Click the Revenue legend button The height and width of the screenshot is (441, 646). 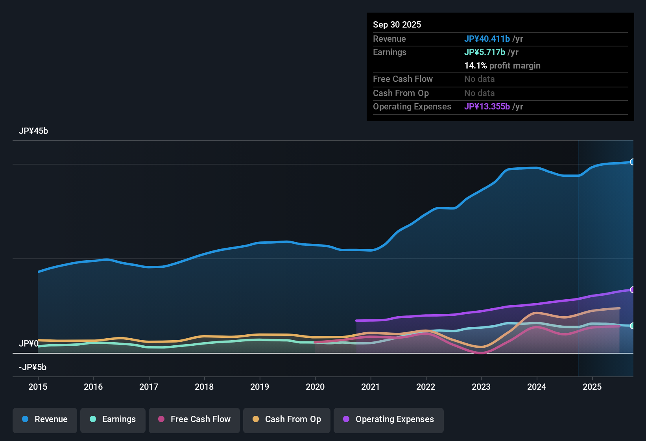pyautogui.click(x=45, y=419)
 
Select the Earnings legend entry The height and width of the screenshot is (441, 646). pyautogui.click(x=113, y=419)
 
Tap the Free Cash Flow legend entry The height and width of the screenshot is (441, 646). pyautogui.click(x=194, y=419)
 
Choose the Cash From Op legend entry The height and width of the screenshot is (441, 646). pyautogui.click(x=287, y=419)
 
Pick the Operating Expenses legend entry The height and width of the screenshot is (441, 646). pyautogui.click(x=389, y=419)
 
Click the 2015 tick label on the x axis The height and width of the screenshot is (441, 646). pyautogui.click(x=38, y=387)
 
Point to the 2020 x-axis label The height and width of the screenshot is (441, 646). pyautogui.click(x=315, y=387)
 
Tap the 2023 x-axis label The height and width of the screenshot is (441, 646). pyautogui.click(x=481, y=387)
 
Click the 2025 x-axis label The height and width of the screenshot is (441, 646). pyautogui.click(x=592, y=387)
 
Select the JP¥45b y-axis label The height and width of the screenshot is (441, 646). pyautogui.click(x=33, y=131)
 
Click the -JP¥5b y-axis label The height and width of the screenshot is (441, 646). pyautogui.click(x=33, y=367)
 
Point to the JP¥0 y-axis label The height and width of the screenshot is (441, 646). pyautogui.click(x=29, y=344)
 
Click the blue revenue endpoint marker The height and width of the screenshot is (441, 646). pyautogui.click(x=633, y=162)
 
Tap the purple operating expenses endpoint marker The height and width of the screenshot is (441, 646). pyautogui.click(x=633, y=290)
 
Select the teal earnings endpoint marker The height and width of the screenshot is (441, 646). pyautogui.click(x=633, y=326)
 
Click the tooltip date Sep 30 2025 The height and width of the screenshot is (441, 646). pyautogui.click(x=397, y=24)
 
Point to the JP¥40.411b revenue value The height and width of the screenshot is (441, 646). pyautogui.click(x=487, y=39)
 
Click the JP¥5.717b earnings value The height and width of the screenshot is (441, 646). pyautogui.click(x=485, y=52)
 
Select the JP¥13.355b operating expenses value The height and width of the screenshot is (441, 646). pyautogui.click(x=487, y=106)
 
